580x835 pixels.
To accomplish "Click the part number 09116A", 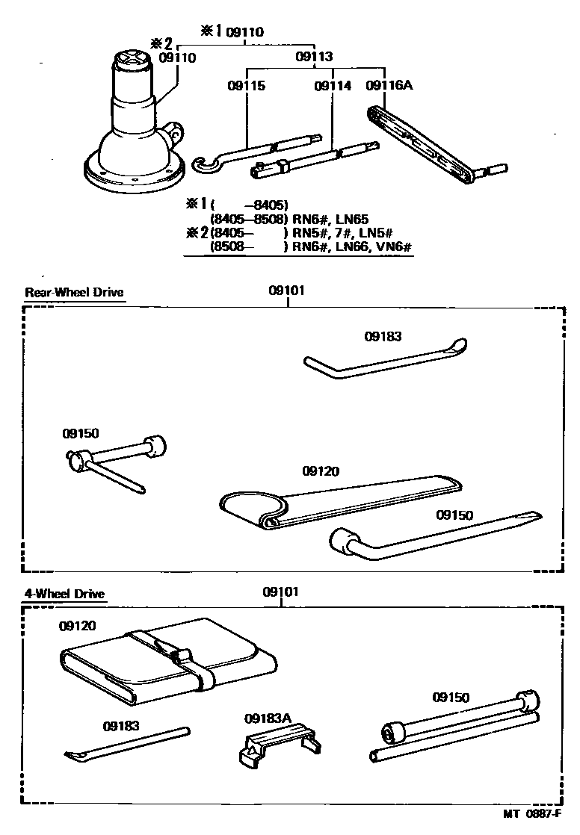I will (389, 85).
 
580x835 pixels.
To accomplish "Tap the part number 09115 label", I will (247, 85).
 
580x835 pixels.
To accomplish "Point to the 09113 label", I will (314, 56).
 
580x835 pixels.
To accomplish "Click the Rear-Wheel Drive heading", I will (74, 292).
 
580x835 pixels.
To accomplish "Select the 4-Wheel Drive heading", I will (64, 595).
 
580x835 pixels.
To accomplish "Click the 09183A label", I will (267, 718).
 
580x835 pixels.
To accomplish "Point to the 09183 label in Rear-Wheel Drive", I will (383, 336).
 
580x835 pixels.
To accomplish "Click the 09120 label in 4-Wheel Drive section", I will (78, 626).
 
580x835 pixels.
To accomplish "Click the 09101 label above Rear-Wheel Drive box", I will (286, 291).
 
